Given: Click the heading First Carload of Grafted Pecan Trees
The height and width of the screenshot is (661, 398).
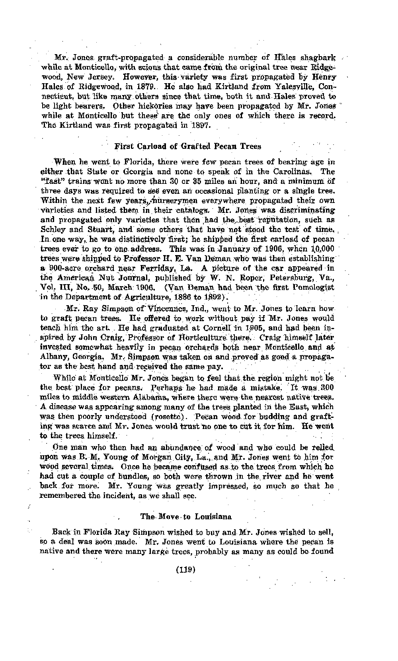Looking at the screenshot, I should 188,146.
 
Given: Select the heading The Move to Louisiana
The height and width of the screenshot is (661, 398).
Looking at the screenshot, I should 186,517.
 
